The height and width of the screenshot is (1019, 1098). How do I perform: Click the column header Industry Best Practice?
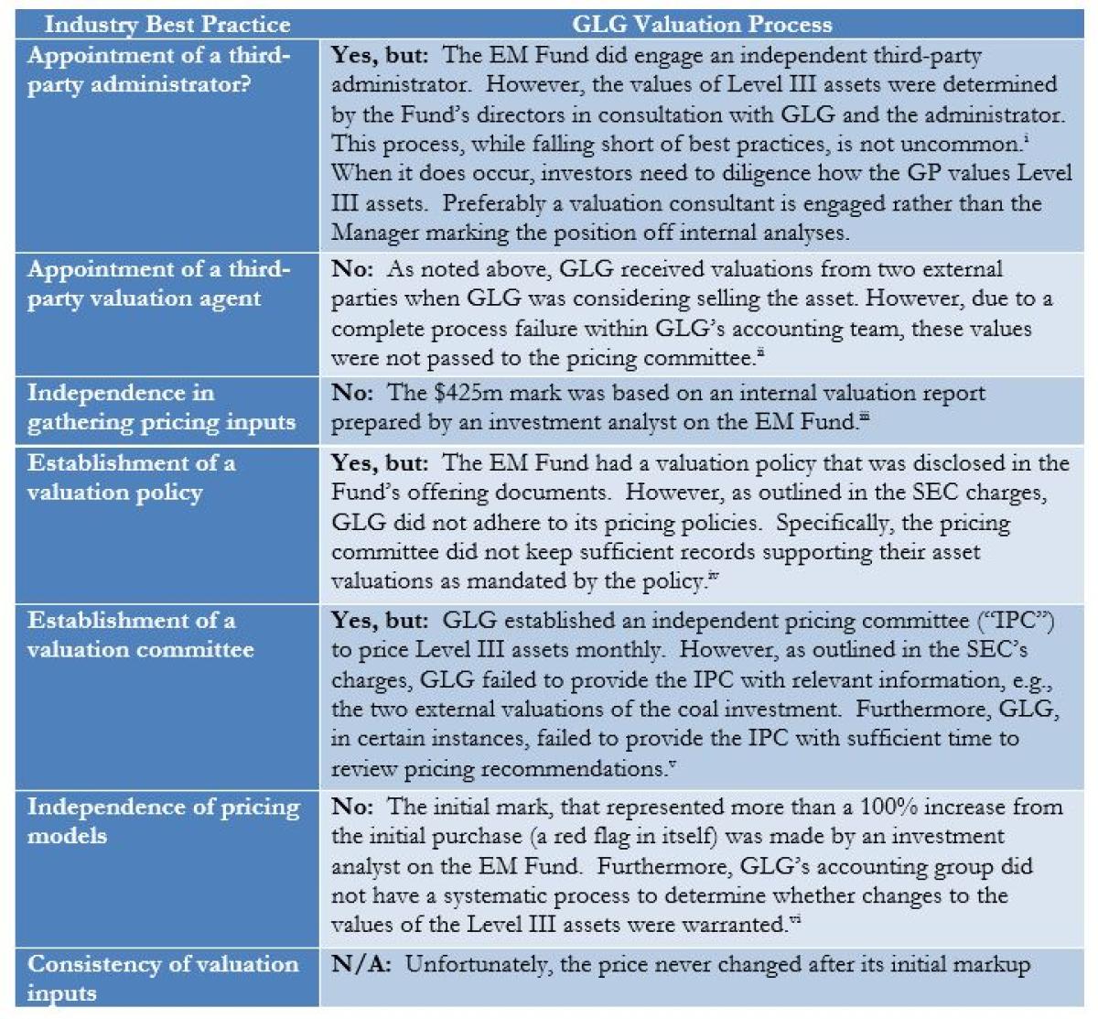[167, 24]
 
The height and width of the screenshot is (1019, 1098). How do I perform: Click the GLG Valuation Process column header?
[702, 24]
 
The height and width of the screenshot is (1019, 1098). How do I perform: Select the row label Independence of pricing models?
[163, 821]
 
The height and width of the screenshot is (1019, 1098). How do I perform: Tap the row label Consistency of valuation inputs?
[163, 978]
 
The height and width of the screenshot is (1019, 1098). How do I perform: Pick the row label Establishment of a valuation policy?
[131, 477]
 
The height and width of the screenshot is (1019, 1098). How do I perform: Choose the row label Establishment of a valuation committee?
[140, 634]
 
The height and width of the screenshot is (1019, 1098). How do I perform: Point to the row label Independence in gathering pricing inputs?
[161, 407]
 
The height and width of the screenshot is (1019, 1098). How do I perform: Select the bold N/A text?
[361, 964]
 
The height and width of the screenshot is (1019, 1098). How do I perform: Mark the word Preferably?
[513, 203]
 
